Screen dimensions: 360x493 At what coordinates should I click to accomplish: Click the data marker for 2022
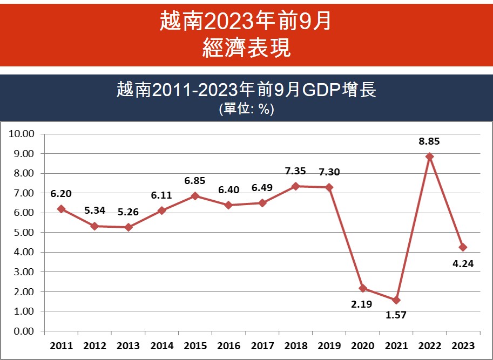pos(429,157)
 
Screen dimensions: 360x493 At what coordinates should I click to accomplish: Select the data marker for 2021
pos(396,300)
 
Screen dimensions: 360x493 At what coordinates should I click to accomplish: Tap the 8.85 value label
pos(429,142)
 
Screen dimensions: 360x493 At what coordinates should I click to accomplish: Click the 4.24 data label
pos(463,264)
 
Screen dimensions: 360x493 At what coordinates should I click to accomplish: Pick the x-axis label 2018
pos(295,345)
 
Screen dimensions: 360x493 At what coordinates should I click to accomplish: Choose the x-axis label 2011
pos(60,345)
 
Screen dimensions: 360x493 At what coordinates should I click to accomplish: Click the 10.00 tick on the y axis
pos(22,134)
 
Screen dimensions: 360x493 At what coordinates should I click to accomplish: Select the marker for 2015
pos(195,196)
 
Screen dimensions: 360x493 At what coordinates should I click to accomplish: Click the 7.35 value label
pos(295,172)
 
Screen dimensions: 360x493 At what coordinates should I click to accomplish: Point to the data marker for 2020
pos(362,288)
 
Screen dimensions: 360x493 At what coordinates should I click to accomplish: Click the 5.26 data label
pos(128,212)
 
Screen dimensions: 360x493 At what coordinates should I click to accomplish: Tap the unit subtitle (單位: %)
pos(246,108)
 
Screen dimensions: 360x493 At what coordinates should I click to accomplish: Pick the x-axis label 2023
pos(463,345)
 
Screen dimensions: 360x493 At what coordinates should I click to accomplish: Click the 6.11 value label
pos(162,195)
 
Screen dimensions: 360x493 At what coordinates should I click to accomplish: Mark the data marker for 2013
pos(128,227)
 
